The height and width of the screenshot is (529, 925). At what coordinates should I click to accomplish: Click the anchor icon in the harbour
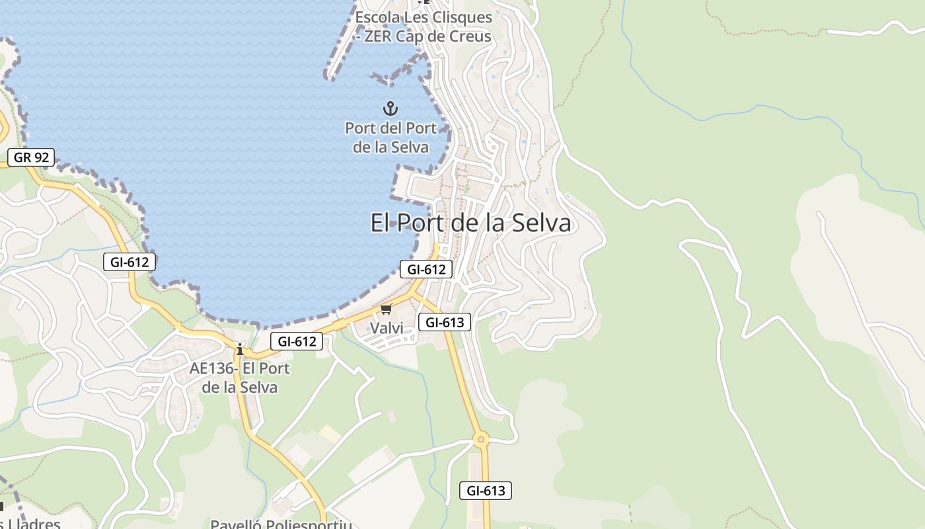tap(390, 108)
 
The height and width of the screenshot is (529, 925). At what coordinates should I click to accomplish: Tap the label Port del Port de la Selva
tap(390, 138)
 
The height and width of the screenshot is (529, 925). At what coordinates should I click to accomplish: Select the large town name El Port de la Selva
tap(470, 223)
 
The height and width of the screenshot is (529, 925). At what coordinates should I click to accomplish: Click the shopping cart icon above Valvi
tap(387, 309)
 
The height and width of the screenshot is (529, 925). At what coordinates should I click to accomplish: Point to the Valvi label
tap(387, 328)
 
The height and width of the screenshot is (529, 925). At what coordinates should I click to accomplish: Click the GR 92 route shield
tap(31, 157)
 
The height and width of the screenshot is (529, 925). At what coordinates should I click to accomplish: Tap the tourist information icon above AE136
tap(240, 348)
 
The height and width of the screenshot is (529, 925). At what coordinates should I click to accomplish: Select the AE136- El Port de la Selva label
tap(240, 378)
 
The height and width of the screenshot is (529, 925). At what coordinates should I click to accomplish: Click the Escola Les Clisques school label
tap(424, 26)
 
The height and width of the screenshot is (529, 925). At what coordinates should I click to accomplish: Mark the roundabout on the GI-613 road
tap(481, 438)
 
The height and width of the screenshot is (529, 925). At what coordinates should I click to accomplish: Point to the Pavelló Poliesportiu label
tap(281, 524)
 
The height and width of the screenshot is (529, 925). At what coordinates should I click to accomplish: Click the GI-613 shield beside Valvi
tap(445, 322)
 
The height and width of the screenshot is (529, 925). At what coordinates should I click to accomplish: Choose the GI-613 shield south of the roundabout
tap(486, 491)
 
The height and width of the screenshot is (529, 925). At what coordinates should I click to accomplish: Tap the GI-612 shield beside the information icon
tap(297, 341)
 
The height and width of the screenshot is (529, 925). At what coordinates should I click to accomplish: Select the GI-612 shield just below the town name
tap(426, 269)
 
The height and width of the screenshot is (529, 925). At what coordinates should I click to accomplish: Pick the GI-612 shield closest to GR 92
tap(129, 262)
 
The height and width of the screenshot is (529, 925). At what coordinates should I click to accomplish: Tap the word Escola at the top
tap(380, 17)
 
